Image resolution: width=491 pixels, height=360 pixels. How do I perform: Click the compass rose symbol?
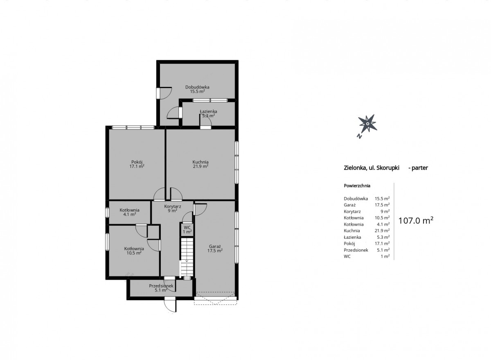click(367, 124)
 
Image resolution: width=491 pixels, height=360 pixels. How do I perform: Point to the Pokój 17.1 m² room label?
click(137, 164)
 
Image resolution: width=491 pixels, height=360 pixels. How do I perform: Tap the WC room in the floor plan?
click(187, 230)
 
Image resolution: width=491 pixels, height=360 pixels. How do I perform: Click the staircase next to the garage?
click(187, 258)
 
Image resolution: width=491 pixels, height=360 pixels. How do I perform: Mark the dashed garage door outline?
click(215, 298)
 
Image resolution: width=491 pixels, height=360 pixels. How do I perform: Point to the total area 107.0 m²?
click(416, 221)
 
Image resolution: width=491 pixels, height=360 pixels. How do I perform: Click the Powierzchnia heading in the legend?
click(357, 186)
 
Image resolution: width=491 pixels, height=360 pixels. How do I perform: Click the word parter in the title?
click(420, 168)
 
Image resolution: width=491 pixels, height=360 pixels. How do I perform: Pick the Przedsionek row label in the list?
click(356, 250)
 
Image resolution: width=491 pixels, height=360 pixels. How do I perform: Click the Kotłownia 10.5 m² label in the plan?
click(134, 251)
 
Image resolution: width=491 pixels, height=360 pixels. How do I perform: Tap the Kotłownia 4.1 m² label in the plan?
click(129, 212)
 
